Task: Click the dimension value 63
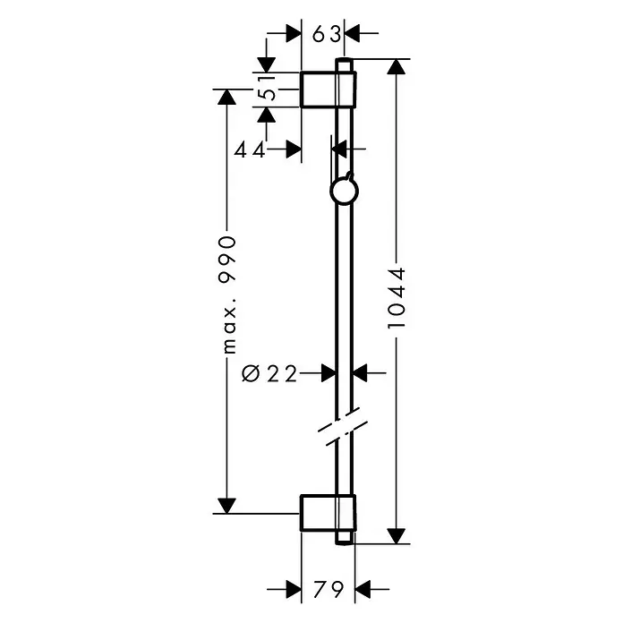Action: [326, 34]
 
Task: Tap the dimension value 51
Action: [267, 89]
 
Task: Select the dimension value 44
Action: [250, 150]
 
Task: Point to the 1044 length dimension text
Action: [397, 298]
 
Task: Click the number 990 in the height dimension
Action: [227, 260]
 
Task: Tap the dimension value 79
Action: [329, 589]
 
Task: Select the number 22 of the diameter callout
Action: [282, 373]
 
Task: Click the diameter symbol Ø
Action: [251, 373]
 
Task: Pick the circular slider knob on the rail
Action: [344, 192]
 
